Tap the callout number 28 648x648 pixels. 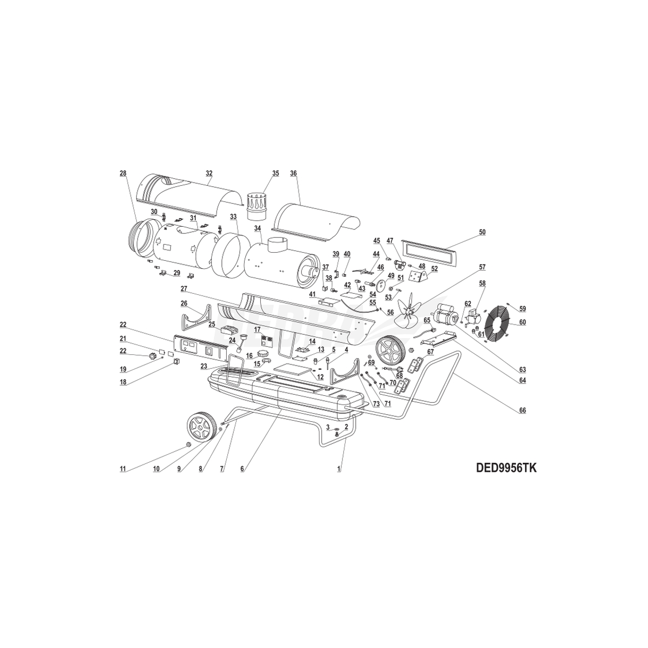coord(123,173)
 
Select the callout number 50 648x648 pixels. coord(482,232)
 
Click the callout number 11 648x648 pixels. coord(123,469)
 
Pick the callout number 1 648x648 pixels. coord(339,469)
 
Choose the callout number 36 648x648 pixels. coord(293,173)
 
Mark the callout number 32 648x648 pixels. coord(209,173)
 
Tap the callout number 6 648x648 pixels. coord(242,469)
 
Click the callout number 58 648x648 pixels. coord(482,283)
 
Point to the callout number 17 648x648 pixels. coord(257,329)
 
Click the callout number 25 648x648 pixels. coord(212,325)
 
